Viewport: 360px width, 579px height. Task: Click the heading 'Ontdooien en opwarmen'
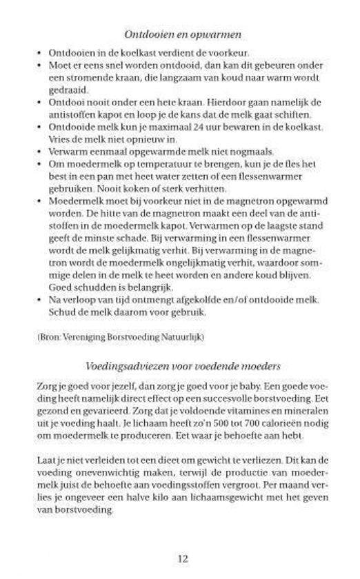[x=182, y=34]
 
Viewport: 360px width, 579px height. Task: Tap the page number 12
[x=181, y=559]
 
